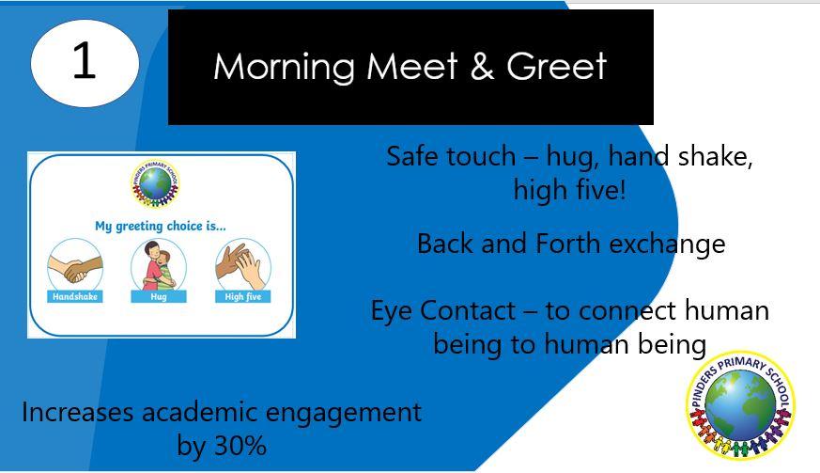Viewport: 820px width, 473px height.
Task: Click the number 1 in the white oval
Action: coord(84,60)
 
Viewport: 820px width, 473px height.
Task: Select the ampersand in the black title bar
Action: coord(482,66)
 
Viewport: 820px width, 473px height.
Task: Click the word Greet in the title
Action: coord(556,66)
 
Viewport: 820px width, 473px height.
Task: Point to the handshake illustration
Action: coord(75,264)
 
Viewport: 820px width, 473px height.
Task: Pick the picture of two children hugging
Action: coord(159,264)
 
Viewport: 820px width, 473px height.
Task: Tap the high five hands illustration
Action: coord(243,264)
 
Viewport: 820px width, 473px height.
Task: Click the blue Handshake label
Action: coord(75,296)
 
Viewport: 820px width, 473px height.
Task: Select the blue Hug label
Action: coord(159,296)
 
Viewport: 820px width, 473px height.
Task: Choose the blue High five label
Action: coord(243,296)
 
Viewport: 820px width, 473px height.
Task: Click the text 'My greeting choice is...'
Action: coord(161,227)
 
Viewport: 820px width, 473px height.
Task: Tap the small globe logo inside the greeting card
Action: coord(155,183)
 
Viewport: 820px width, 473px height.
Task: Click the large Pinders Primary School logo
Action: coord(740,404)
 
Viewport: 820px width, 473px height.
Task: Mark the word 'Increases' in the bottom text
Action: coord(77,412)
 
